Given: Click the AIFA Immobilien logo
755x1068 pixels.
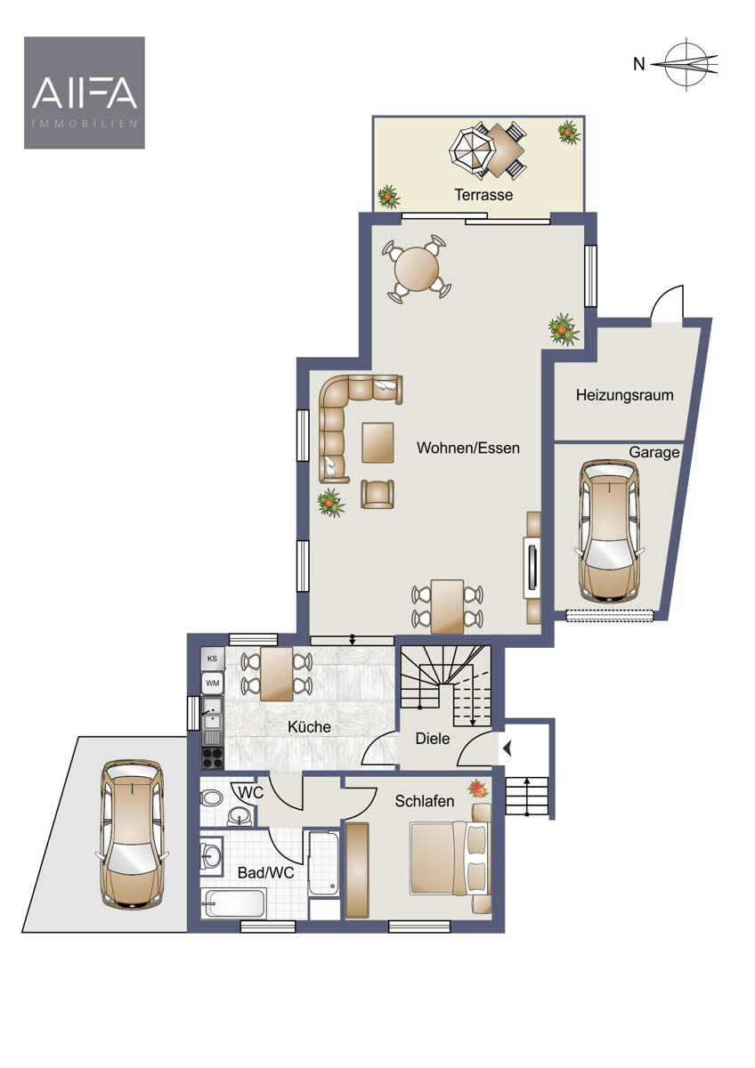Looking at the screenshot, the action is coord(85,93).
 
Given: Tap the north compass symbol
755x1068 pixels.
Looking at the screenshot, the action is coord(686,64).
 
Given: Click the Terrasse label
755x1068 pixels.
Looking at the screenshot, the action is coord(483,195).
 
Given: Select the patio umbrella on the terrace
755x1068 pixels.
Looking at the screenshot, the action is coord(471,150).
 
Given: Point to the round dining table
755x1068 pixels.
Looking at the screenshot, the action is coord(417,269).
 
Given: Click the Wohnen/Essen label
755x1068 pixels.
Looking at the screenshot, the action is coord(468,448).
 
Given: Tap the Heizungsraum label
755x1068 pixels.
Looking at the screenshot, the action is coord(624,395).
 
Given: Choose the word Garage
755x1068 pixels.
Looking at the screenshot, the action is coord(654,452).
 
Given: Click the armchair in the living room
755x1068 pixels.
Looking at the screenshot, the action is coord(377,494).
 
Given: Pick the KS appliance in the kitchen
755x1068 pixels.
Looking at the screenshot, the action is coord(212,659).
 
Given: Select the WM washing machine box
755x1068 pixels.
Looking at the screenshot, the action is coord(212,683).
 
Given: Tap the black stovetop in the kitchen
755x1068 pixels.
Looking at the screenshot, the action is coord(212,757).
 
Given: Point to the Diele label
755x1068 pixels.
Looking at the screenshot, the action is coord(433,739).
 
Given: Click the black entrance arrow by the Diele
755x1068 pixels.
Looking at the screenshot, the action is coord(507,749).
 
